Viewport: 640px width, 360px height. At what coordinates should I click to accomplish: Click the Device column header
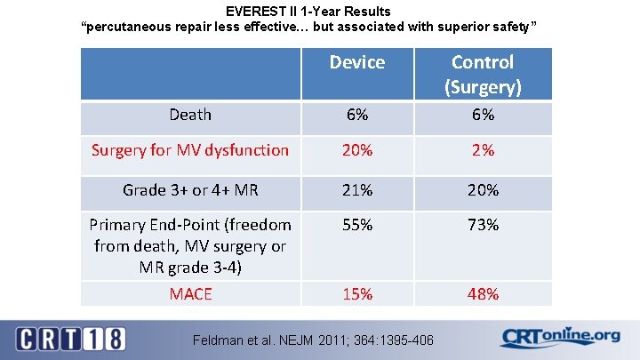point(357,62)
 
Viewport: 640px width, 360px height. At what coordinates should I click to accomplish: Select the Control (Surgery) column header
point(483,74)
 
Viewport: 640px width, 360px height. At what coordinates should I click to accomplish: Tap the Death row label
point(190,115)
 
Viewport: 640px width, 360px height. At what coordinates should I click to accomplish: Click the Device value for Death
point(357,115)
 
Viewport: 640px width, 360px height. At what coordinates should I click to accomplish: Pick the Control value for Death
point(483,115)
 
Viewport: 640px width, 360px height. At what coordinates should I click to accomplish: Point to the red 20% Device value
point(357,150)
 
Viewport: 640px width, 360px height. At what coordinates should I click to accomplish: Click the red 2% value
point(483,150)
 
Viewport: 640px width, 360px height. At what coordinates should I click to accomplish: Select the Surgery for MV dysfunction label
point(190,150)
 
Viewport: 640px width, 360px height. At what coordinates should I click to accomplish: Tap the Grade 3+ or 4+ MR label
point(190,190)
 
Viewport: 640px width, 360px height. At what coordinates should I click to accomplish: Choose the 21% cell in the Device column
point(357,190)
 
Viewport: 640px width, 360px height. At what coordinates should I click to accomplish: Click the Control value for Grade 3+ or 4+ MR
point(483,190)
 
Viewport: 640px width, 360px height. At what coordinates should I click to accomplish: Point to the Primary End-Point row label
point(190,245)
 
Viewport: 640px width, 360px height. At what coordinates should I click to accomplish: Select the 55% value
point(357,225)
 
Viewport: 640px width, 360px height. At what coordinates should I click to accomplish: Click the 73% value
point(483,225)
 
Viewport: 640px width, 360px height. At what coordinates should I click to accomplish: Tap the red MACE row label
point(190,293)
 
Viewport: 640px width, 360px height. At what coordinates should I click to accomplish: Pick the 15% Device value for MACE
point(357,293)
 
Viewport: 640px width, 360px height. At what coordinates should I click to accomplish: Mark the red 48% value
point(483,293)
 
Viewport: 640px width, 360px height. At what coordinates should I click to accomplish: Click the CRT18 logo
point(71,338)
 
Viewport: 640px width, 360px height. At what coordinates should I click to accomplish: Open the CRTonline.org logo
point(560,337)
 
